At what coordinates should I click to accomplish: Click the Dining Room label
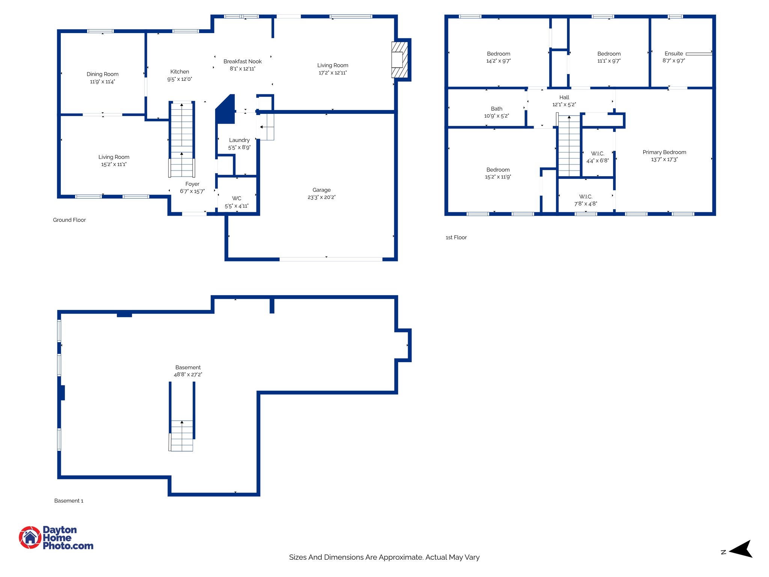coord(103,74)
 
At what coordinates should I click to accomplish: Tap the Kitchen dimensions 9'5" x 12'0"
coord(179,79)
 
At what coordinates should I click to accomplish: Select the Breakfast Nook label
coord(243,61)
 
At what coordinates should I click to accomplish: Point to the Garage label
coord(321,190)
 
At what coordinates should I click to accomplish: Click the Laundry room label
coord(239,140)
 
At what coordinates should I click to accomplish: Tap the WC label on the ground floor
coord(237,198)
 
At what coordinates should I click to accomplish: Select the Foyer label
coord(192,184)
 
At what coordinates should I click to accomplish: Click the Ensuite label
coord(674,54)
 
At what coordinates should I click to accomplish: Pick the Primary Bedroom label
coord(664,152)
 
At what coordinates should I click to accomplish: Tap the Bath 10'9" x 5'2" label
coord(496,112)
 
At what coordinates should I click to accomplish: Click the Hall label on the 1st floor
coord(564,97)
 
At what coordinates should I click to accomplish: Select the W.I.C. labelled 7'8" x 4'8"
coord(585,200)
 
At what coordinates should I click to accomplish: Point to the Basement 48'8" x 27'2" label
coord(188,371)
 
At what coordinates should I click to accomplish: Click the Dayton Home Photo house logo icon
coord(30,538)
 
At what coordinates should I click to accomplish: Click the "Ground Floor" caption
coord(69,220)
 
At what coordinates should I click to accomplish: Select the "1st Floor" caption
coord(456,237)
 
